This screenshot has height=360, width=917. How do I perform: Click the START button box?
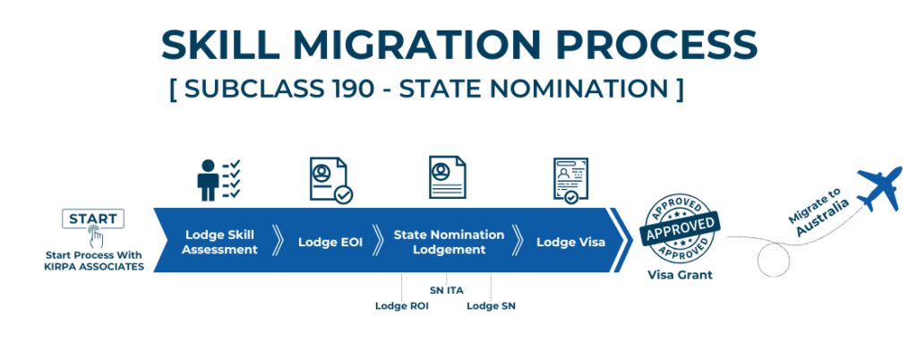tap(93, 219)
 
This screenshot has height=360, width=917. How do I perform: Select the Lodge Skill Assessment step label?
tap(220, 242)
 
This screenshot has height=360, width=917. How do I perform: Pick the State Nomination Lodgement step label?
tap(449, 242)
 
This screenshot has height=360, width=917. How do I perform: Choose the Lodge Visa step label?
tap(570, 242)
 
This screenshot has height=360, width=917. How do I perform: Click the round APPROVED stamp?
tap(681, 228)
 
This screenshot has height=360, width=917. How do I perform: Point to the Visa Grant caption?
tap(680, 275)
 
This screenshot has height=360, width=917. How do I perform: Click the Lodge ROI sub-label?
tap(402, 305)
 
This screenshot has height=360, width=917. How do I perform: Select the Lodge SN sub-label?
tap(491, 305)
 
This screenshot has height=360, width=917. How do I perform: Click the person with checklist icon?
tap(219, 180)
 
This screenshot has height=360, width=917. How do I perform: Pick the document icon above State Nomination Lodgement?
tap(448, 177)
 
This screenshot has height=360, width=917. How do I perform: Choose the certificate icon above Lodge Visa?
tap(570, 180)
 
